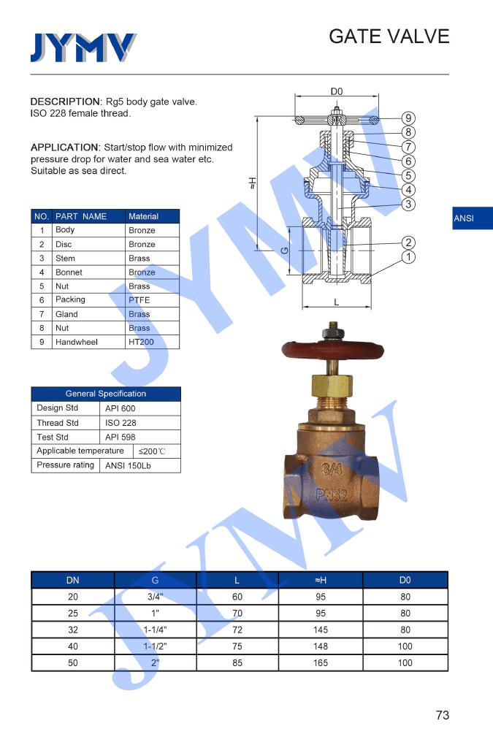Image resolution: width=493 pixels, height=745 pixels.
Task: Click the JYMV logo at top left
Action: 83,47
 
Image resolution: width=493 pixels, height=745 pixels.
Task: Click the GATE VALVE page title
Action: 389,37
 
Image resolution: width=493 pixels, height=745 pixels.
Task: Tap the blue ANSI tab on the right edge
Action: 473,218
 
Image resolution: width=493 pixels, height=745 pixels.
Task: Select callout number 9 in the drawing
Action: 408,118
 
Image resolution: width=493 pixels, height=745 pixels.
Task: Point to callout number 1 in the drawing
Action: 408,257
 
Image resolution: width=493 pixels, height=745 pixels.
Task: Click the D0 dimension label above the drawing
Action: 336,91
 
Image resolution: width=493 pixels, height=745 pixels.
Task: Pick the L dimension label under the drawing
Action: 336,302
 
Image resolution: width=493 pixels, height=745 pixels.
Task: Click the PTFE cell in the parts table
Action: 140,299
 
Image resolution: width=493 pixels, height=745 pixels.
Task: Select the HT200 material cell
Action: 141,342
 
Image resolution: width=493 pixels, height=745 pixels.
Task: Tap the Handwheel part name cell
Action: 77,342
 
